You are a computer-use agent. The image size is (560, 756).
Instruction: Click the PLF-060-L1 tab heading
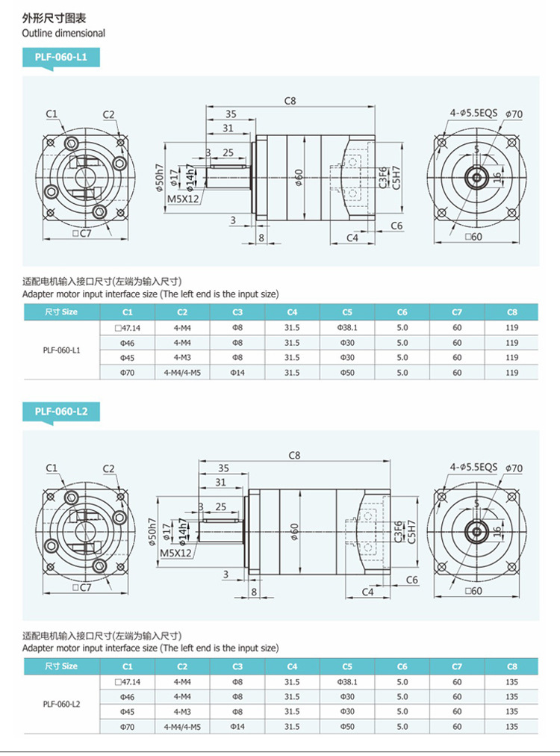coord(60,58)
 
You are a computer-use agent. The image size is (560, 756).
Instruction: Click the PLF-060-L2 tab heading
coord(60,412)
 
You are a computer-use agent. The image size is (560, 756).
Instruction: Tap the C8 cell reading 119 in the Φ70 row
coord(511,373)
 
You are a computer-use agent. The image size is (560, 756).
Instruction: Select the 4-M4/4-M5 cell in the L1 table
coord(182,373)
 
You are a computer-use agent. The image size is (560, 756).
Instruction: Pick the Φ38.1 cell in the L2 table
coord(347,682)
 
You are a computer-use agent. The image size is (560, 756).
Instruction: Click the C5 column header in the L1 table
coord(347,312)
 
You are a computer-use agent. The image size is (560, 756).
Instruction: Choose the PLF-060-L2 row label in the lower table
coord(61,704)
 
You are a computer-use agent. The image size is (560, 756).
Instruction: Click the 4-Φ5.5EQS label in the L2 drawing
coord(473,467)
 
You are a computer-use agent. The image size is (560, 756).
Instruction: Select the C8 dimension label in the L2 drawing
coord(294,455)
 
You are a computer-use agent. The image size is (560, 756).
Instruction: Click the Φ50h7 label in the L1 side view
coord(159,177)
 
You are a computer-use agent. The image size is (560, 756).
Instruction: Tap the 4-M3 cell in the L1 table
coord(182,358)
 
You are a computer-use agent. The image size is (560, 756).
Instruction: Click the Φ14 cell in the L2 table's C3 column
coord(237,727)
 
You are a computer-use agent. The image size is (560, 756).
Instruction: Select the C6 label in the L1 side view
coord(396,226)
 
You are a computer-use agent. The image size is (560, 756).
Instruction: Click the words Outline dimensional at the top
coord(63,33)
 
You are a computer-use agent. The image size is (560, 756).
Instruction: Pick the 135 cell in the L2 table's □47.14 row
coord(511,682)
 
